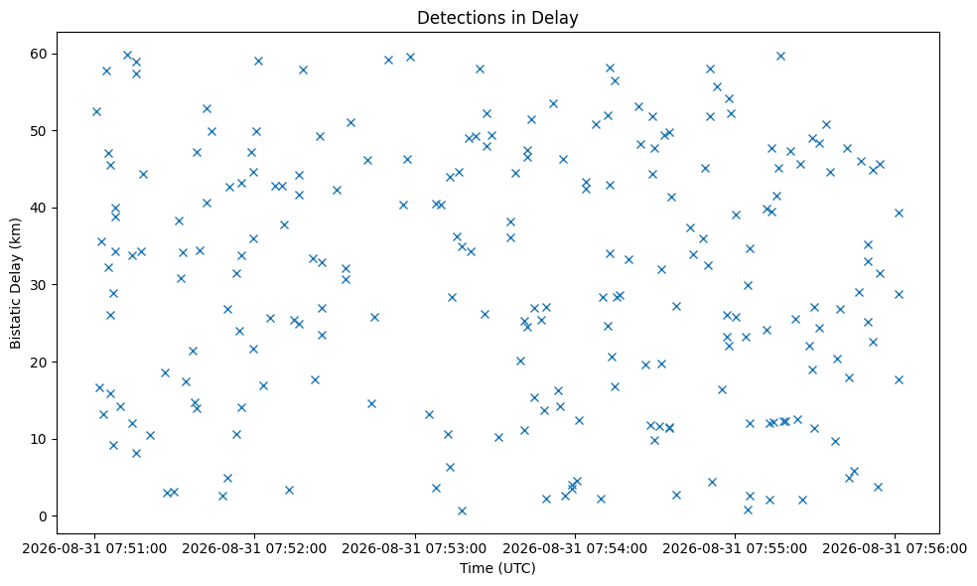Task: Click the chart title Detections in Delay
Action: coord(497,18)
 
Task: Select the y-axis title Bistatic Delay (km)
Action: coord(15,283)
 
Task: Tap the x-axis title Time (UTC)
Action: coord(497,568)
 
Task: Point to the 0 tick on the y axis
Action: coord(43,516)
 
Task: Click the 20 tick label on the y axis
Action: coord(40,363)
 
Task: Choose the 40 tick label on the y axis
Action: coord(40,208)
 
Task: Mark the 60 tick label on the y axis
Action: coord(40,54)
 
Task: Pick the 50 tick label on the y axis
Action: coord(40,131)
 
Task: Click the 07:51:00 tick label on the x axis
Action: coord(94,548)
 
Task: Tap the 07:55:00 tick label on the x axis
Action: coord(735,548)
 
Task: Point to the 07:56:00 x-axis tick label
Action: coord(895,548)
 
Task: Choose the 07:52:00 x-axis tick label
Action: coord(254,548)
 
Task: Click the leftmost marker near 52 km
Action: coord(96,111)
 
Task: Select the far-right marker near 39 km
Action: coord(899,214)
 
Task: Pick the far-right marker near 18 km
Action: coord(899,379)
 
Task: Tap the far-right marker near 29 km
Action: coord(899,294)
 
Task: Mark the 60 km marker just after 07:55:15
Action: coord(780,56)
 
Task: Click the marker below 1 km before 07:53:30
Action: coord(462,512)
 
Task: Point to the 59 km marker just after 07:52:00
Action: coord(258,62)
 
